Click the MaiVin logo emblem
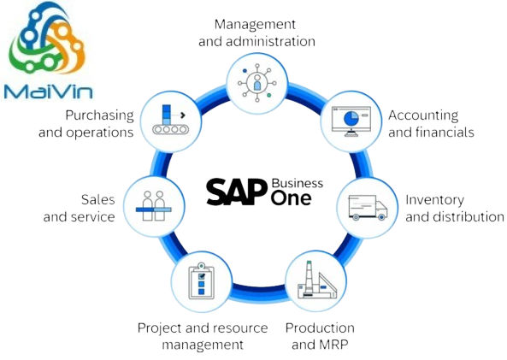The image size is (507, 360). pyautogui.click(x=48, y=38)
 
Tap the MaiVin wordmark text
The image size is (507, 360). pyautogui.click(x=49, y=91)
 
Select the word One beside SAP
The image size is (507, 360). pyautogui.click(x=292, y=198)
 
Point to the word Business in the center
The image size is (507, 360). pyautogui.click(x=298, y=183)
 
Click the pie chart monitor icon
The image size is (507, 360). pyautogui.click(x=351, y=121)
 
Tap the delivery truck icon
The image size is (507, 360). pyautogui.click(x=368, y=207)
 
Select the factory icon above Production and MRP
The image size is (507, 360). pyautogui.click(x=316, y=280)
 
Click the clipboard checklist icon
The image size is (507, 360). pyautogui.click(x=201, y=280)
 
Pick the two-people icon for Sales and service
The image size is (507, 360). pyautogui.click(x=154, y=206)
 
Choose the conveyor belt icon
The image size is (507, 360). pyautogui.click(x=170, y=120)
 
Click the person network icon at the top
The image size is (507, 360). pyautogui.click(x=257, y=83)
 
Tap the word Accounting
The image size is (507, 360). pyautogui.click(x=423, y=115)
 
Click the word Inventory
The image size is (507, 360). pyautogui.click(x=434, y=200)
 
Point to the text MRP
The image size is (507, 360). pyautogui.click(x=334, y=344)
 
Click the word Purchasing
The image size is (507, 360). pyautogui.click(x=99, y=115)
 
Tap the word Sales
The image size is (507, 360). pyautogui.click(x=98, y=199)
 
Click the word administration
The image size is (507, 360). pyautogui.click(x=271, y=41)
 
